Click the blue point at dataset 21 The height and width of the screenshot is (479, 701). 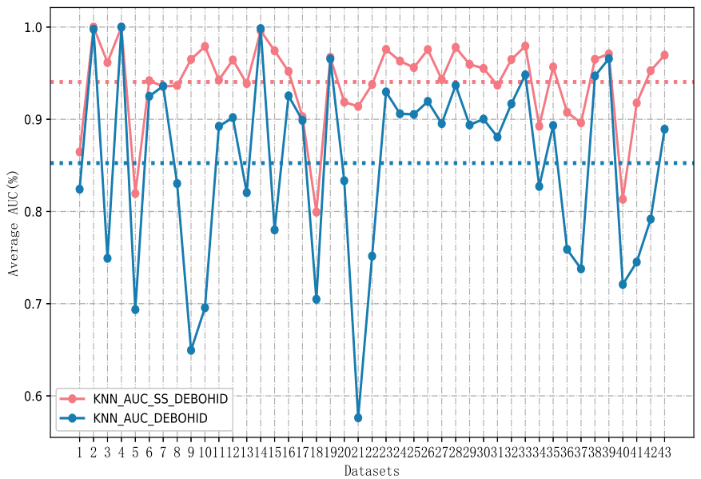point(358,417)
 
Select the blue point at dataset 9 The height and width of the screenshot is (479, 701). point(191,350)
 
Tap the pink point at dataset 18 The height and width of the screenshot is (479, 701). point(317,212)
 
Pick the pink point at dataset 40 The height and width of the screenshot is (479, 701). point(623,198)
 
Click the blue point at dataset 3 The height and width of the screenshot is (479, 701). point(107,257)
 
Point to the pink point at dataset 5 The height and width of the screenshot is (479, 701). point(135,194)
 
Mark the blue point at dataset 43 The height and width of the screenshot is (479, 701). point(664,129)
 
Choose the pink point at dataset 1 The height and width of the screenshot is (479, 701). point(79,152)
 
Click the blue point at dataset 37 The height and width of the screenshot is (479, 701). point(581,269)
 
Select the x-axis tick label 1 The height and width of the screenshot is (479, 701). point(79,452)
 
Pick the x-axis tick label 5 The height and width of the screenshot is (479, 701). point(135,452)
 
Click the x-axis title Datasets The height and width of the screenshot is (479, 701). point(372,471)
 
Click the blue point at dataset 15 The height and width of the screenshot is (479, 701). point(274,230)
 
